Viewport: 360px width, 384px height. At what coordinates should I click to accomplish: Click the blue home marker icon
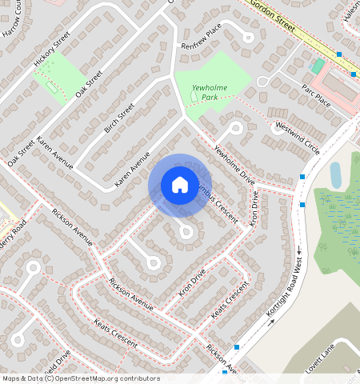(x=180, y=185)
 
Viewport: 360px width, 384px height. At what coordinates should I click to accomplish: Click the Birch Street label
(x=119, y=118)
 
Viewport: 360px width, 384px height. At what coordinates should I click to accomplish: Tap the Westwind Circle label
(x=297, y=138)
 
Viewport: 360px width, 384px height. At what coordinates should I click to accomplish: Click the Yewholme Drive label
(x=233, y=166)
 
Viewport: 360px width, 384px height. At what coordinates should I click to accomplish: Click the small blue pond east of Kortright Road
(x=336, y=174)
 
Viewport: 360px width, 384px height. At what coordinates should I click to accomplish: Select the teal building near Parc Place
(x=318, y=66)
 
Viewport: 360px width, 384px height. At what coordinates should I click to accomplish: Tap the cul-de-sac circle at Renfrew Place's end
(x=248, y=37)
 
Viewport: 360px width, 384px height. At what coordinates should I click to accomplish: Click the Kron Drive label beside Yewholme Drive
(x=255, y=206)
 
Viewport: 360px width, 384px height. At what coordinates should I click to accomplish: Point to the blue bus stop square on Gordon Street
(x=339, y=54)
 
